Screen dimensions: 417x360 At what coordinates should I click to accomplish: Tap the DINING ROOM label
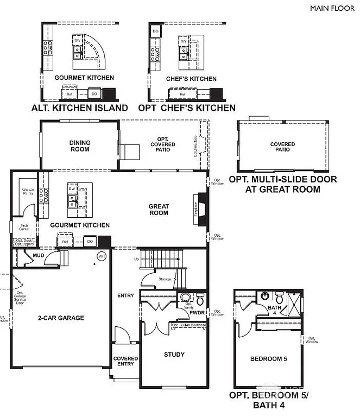(x=80, y=146)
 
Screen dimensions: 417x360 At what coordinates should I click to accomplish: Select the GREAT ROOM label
(x=159, y=210)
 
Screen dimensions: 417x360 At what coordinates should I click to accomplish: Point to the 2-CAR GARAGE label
(x=61, y=318)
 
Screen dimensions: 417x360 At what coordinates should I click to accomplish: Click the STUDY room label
(x=174, y=355)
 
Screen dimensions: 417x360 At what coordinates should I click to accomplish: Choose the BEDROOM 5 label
(x=268, y=359)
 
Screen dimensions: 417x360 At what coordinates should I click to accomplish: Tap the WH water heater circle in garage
(x=101, y=256)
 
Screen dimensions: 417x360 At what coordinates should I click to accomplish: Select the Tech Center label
(x=24, y=226)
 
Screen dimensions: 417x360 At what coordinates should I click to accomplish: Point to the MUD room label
(x=38, y=255)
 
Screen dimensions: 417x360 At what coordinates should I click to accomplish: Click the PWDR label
(x=197, y=313)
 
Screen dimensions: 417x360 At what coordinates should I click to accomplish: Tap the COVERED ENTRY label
(x=125, y=361)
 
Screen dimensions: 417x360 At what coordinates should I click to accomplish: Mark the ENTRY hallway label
(x=125, y=295)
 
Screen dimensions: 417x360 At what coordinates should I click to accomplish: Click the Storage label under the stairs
(x=165, y=279)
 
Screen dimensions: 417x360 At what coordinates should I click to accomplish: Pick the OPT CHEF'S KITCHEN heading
(x=187, y=108)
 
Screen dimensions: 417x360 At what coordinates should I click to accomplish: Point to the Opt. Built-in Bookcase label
(x=188, y=325)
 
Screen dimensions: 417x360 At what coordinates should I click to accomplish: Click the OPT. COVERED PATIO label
(x=163, y=145)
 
